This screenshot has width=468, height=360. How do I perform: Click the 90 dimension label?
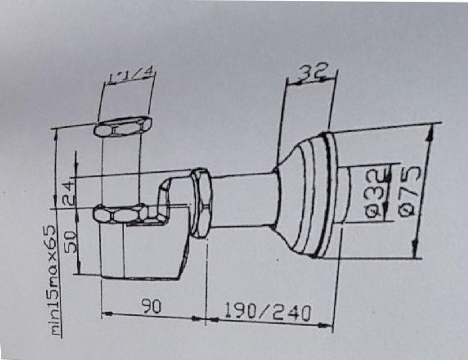click(151, 307)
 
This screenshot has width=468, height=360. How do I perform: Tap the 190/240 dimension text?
click(267, 312)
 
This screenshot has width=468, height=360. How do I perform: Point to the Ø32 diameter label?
click(377, 193)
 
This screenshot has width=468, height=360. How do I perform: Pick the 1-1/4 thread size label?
click(131, 75)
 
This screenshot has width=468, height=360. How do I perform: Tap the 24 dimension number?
click(68, 193)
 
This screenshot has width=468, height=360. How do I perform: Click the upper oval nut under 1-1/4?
click(123, 127)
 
